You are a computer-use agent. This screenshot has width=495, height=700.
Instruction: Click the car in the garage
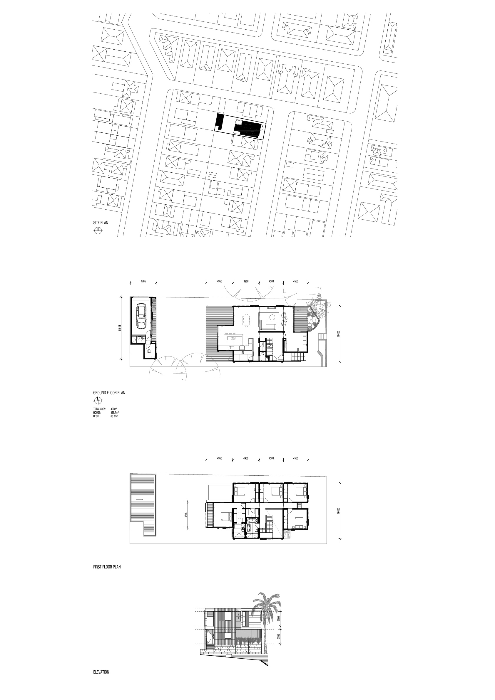141,316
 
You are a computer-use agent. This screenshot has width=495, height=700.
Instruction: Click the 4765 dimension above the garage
143,281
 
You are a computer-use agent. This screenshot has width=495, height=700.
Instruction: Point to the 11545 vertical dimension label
121,328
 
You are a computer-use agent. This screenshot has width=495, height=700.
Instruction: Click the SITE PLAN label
101,223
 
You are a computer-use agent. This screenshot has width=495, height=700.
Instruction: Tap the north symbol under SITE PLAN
98,230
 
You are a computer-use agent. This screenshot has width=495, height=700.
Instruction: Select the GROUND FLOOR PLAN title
109,393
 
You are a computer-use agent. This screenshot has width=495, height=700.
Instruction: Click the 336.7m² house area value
114,412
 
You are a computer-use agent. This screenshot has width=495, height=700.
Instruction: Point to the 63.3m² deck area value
114,416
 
